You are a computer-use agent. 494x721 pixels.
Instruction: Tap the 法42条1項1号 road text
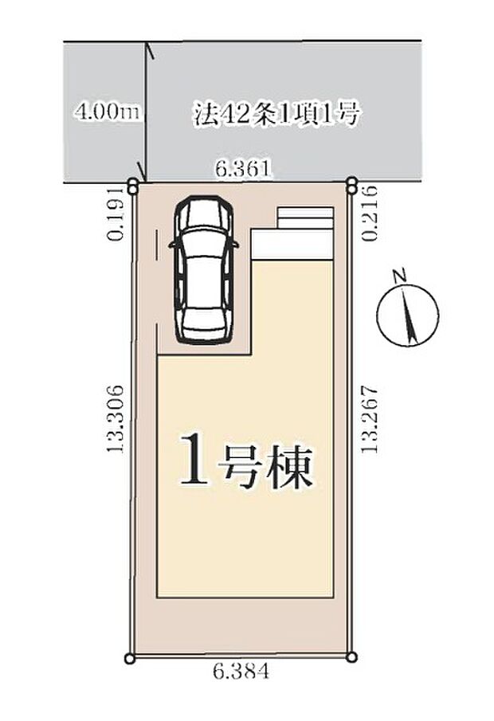pos(276,114)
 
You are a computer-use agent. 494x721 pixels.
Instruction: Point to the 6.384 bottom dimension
pos(240,672)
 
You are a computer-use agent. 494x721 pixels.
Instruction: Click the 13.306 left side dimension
pos(116,418)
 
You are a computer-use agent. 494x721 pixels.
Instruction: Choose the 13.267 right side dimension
pos(370,419)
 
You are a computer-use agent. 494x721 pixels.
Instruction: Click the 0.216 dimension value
pos(370,213)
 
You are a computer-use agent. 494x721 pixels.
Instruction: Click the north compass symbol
pos(407,315)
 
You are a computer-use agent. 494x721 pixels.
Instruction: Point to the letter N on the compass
pos(400,276)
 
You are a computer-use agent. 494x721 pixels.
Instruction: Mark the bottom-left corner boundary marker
pos(130,659)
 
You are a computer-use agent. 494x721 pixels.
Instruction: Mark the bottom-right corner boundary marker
pos(352,657)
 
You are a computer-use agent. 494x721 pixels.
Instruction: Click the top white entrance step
pos(305,213)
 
